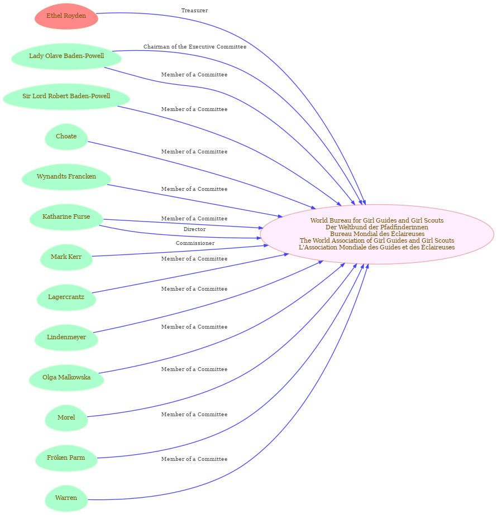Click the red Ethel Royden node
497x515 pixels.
pyautogui.click(x=66, y=16)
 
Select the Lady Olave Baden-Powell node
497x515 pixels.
pyautogui.click(x=66, y=56)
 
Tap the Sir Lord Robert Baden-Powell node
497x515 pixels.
pyautogui.click(x=66, y=96)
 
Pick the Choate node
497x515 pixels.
pyautogui.click(x=66, y=137)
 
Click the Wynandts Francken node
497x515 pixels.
pyautogui.click(x=66, y=177)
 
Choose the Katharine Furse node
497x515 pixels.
pyautogui.click(x=66, y=217)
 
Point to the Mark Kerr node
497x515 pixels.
pyautogui.click(x=66, y=257)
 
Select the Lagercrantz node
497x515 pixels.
pyautogui.click(x=66, y=297)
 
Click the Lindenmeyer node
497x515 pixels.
pyautogui.click(x=66, y=338)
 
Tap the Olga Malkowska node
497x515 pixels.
pyautogui.click(x=66, y=378)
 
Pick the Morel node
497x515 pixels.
pyautogui.click(x=66, y=418)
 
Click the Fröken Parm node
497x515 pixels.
pyautogui.click(x=66, y=458)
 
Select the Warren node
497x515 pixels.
pyautogui.click(x=66, y=498)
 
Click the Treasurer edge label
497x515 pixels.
pyautogui.click(x=194, y=11)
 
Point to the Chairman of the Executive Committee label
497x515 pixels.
pyautogui.click(x=195, y=47)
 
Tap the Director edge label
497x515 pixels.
pyautogui.click(x=194, y=229)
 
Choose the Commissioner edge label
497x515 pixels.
pyautogui.click(x=195, y=243)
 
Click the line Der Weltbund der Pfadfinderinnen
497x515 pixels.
pyautogui.click(x=377, y=227)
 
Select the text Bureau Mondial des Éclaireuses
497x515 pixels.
pyautogui.click(x=377, y=234)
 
